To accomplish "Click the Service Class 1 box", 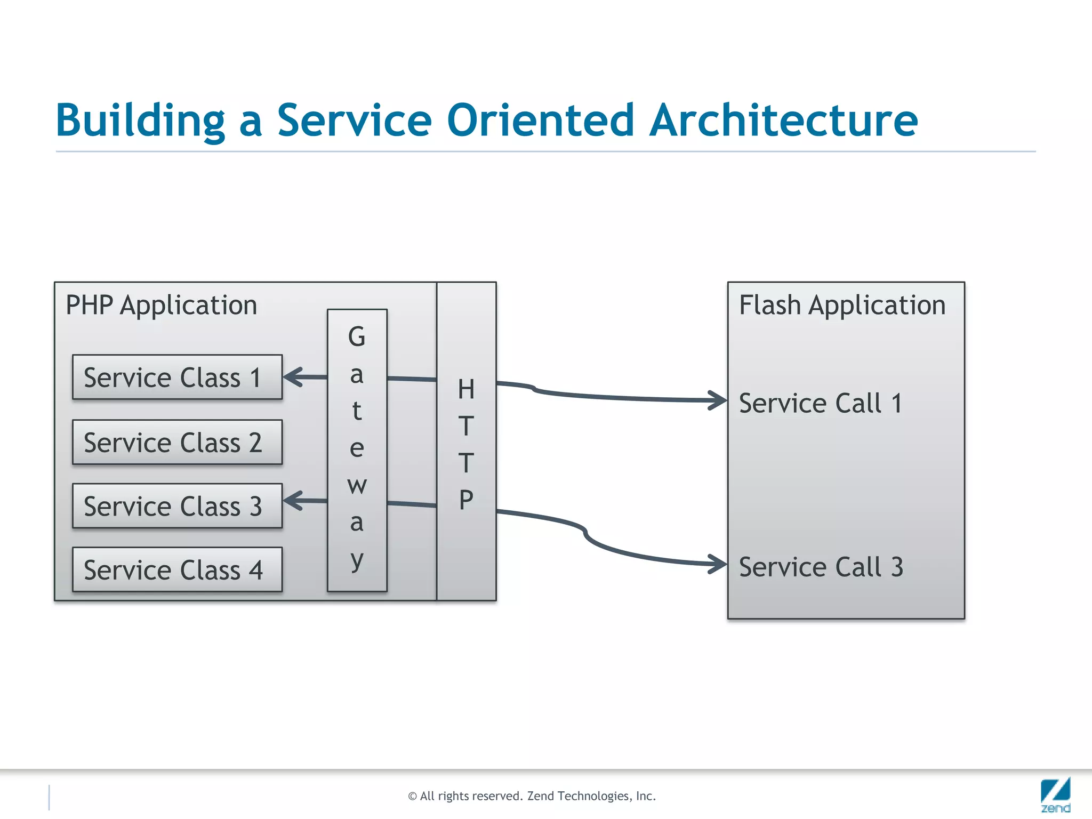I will pos(177,377).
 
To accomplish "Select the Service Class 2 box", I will pos(177,442).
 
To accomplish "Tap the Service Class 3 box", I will pos(177,506).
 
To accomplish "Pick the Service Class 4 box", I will pos(177,569).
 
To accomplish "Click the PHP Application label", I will pos(161,306).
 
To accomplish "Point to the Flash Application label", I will pos(842,306).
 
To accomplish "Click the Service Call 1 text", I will pos(820,403).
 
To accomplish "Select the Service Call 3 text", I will pos(821,567).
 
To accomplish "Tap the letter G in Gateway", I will pos(357,337).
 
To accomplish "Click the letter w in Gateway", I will pos(357,485).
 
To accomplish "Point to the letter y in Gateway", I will pos(357,560).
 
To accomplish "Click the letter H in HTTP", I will pos(466,389).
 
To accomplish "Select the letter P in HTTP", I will pos(466,500).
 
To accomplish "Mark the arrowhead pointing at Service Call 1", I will pos(718,400).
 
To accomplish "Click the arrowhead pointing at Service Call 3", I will pos(718,564).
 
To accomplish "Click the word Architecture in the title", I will pos(784,120).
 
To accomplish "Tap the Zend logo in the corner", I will pos(1055,794).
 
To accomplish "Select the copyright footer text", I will pos(532,796).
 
